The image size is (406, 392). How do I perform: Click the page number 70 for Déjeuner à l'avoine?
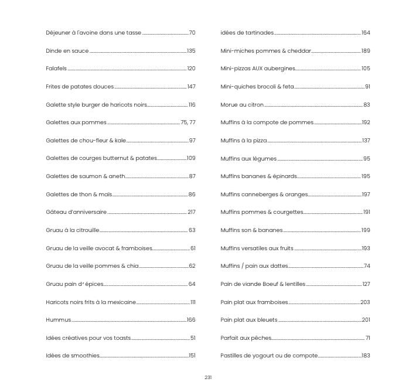coord(192,33)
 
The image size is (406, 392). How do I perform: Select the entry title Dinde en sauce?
coord(67,51)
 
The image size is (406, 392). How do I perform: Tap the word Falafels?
coord(56,69)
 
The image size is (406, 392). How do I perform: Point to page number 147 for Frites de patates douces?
coord(191,87)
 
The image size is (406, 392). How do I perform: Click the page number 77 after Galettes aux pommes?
coord(192,122)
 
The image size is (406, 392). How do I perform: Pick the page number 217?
coord(191,212)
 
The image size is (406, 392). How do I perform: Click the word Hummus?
coord(58,320)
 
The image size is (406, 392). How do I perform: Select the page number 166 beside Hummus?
coord(190,320)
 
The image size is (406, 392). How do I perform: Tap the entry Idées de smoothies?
coord(73,356)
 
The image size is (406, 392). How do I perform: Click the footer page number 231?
coord(208,377)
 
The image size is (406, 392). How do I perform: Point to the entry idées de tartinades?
coord(247,33)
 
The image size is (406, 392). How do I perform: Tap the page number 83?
coord(367,105)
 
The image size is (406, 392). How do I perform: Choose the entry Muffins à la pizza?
coord(244,141)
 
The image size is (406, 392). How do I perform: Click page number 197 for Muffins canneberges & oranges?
coord(366,195)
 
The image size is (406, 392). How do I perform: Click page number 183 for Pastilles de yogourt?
coord(366,356)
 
